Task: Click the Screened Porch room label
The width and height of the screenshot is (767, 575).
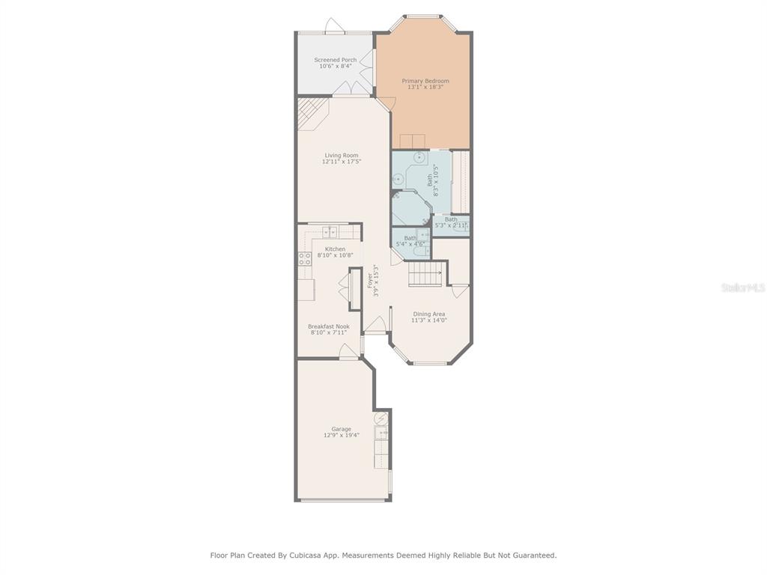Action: [x=335, y=60]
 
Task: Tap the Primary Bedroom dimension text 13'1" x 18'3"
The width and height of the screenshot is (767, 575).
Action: [x=425, y=87]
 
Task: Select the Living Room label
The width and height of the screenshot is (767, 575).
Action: [x=342, y=155]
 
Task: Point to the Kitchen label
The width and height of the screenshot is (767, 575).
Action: [x=335, y=249]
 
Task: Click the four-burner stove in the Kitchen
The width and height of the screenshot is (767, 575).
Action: [x=305, y=258]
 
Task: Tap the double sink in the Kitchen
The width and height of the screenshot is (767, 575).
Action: [x=330, y=231]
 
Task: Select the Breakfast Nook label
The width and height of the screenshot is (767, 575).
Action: [x=329, y=326]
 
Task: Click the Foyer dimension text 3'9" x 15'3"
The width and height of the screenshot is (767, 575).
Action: [x=376, y=281]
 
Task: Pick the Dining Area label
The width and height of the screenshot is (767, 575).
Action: [x=429, y=314]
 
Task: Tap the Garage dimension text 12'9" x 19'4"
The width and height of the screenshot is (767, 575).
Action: [x=342, y=435]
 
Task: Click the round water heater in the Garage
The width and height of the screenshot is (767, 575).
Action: [x=381, y=419]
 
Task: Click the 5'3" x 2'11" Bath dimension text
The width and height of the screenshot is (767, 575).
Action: [x=451, y=225]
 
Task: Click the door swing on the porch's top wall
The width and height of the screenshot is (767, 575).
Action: [x=335, y=25]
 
